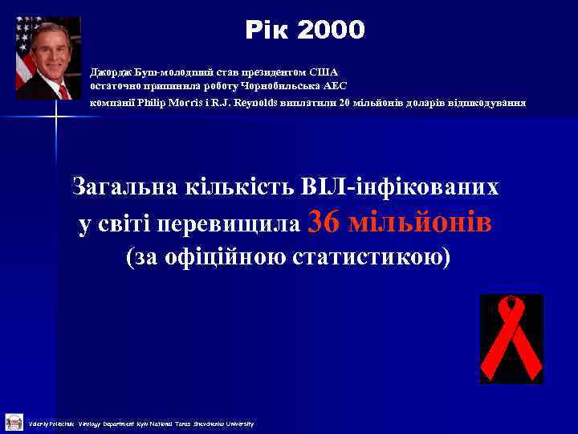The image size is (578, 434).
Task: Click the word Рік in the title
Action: [x=267, y=31]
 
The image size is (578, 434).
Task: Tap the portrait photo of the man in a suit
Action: [x=48, y=58]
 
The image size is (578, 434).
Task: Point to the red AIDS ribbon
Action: [x=511, y=338]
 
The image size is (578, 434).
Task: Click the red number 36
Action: [x=324, y=222]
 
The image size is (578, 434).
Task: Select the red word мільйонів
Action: [x=420, y=222]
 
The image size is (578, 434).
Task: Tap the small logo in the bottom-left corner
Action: [x=14, y=422]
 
